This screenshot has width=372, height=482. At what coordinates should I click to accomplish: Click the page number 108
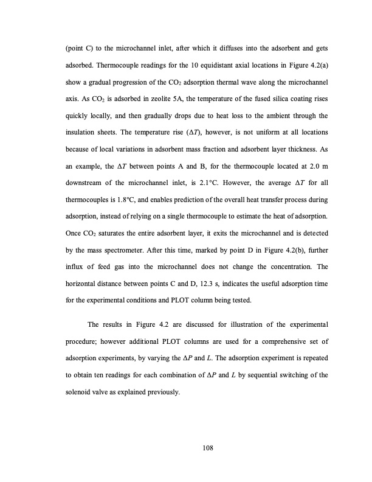185,449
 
